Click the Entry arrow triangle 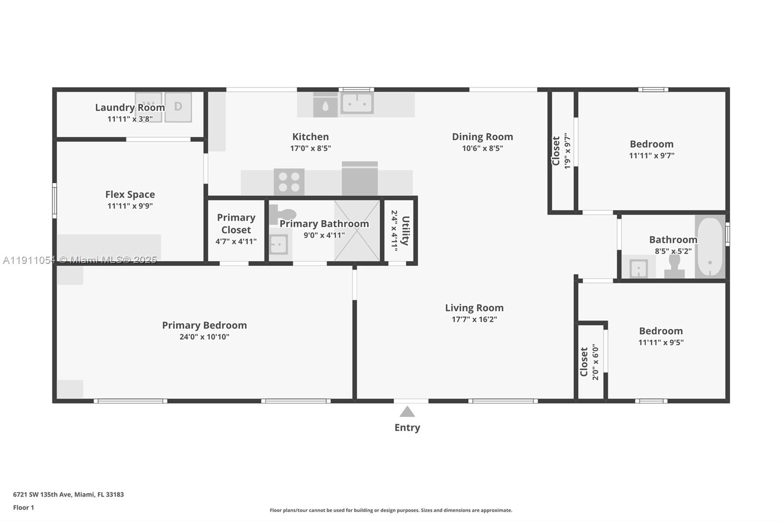click(407, 412)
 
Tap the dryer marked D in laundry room click(178, 107)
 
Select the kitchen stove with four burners click(289, 182)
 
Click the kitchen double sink click(357, 104)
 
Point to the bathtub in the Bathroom click(709, 247)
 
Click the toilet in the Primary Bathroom click(283, 214)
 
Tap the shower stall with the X click(357, 231)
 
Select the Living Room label click(474, 308)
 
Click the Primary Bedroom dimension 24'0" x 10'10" click(204, 337)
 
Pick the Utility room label click(405, 231)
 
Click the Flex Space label click(130, 195)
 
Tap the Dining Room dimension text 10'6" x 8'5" click(482, 148)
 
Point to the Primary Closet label click(236, 223)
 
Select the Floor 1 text click(23, 508)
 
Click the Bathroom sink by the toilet click(639, 268)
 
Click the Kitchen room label click(310, 137)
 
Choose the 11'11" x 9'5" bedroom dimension click(661, 343)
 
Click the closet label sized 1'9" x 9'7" click(556, 151)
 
